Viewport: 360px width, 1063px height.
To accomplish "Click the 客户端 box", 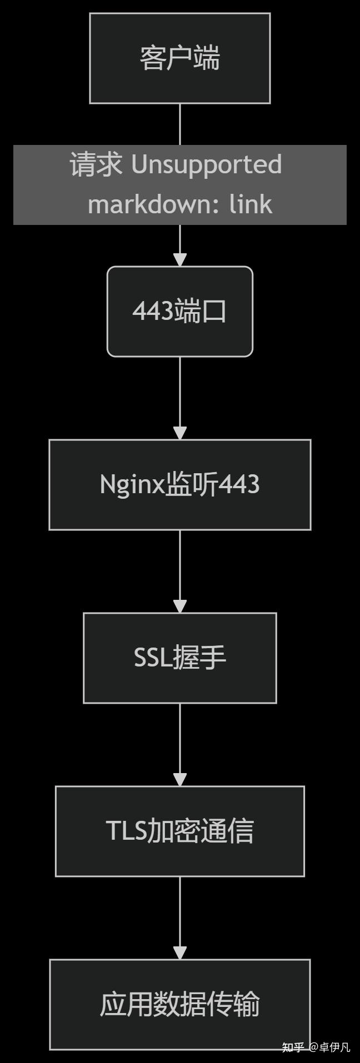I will click(x=179, y=58).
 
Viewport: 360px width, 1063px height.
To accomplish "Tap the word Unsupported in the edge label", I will click(x=206, y=164).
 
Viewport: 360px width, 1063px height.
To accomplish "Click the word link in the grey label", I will click(x=251, y=204).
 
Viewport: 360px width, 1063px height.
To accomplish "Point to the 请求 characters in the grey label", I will click(x=96, y=164).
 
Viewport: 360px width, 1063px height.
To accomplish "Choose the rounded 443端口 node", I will click(x=179, y=311).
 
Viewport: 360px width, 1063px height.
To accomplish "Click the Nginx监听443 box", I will click(x=179, y=484).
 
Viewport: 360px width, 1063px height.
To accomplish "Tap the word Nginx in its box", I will click(x=132, y=484).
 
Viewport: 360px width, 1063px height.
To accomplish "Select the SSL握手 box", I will click(x=179, y=658).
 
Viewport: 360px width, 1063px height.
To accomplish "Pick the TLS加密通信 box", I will click(x=179, y=831).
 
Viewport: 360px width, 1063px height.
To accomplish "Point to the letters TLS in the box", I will click(x=126, y=831).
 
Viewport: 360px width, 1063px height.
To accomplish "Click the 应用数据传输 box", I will click(x=179, y=1004).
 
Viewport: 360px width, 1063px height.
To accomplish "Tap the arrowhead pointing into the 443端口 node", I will click(x=179, y=259).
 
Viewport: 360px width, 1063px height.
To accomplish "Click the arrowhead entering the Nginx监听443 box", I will click(x=179, y=433).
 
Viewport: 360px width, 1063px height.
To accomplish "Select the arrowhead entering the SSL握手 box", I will click(x=179, y=606).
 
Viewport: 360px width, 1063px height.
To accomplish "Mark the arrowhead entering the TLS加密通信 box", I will click(x=179, y=779).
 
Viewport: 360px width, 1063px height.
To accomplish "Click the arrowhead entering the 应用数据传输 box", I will click(x=179, y=952).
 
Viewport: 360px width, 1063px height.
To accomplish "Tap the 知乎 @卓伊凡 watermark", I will click(x=316, y=1047).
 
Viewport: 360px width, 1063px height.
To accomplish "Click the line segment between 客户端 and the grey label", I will click(x=179, y=124).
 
